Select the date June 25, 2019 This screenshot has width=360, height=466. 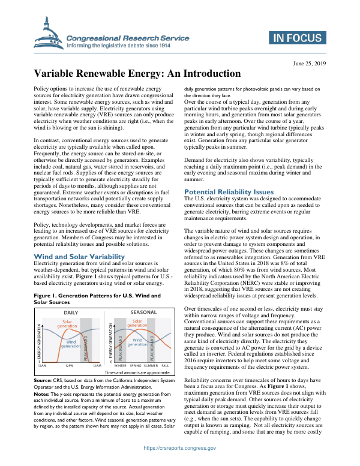tap(310, 62)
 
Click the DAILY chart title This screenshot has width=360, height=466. tap(70, 313)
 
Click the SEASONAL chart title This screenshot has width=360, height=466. tap(143, 313)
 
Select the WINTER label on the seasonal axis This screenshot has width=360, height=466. tap(120, 365)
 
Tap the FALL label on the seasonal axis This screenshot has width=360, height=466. tap(166, 365)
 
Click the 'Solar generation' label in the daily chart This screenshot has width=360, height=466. tap(67, 323)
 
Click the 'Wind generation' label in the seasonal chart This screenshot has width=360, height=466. tap(137, 342)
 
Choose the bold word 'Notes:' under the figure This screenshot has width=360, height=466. tap(41, 393)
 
